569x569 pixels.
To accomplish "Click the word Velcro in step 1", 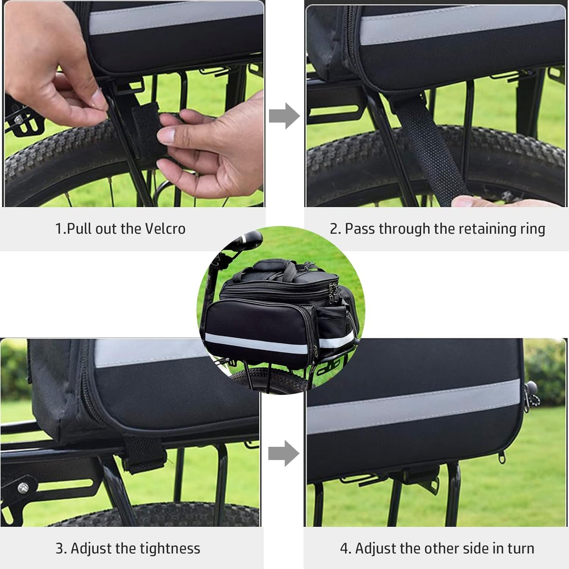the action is tap(165, 229).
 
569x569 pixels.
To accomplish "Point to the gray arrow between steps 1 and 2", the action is tap(284, 116).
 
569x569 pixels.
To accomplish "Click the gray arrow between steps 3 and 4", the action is tap(284, 453).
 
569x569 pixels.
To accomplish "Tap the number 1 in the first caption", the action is tap(58, 229).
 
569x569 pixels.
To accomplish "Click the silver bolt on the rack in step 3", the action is tap(23, 488).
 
